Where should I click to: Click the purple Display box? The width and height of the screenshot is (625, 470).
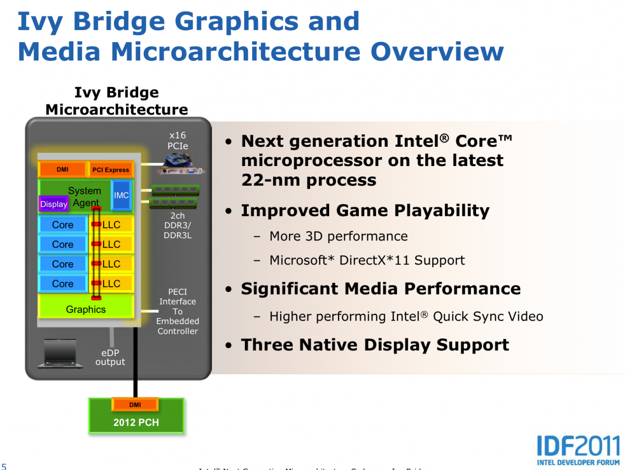click(x=54, y=204)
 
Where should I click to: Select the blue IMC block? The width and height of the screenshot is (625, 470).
click(x=121, y=195)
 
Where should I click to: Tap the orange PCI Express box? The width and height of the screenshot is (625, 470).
click(x=110, y=170)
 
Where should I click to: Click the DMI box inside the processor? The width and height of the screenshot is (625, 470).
click(x=63, y=170)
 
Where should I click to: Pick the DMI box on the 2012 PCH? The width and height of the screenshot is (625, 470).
click(x=135, y=404)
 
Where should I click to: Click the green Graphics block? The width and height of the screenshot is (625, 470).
click(x=86, y=309)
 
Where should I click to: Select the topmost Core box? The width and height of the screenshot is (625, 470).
click(x=63, y=225)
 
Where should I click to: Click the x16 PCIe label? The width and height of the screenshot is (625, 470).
click(x=178, y=141)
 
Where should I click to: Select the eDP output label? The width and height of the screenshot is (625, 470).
click(x=110, y=357)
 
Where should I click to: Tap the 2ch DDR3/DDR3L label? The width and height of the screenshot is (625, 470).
click(x=178, y=225)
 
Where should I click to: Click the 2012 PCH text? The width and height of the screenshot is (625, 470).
click(x=136, y=423)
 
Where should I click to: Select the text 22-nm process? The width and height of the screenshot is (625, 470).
click(x=308, y=180)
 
